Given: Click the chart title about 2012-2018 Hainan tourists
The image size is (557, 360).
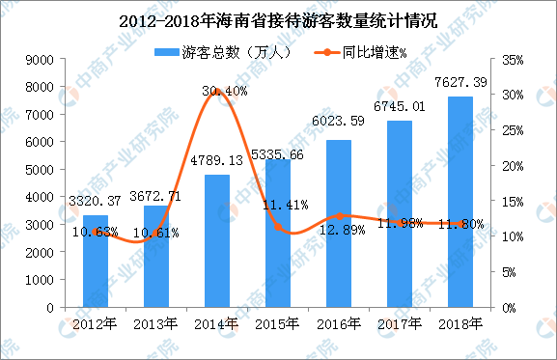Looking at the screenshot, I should point(279,17).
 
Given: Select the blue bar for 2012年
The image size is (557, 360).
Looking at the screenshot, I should point(96,270).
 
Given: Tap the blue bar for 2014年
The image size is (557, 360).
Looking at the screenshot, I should point(217,241).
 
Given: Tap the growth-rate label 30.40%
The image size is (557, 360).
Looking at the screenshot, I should point(224,91).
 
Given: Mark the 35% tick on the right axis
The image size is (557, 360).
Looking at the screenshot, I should point(513,60).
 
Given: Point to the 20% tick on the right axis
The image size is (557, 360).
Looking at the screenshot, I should point(513,166).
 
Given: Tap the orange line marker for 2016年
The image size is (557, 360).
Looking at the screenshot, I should point(339,216).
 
